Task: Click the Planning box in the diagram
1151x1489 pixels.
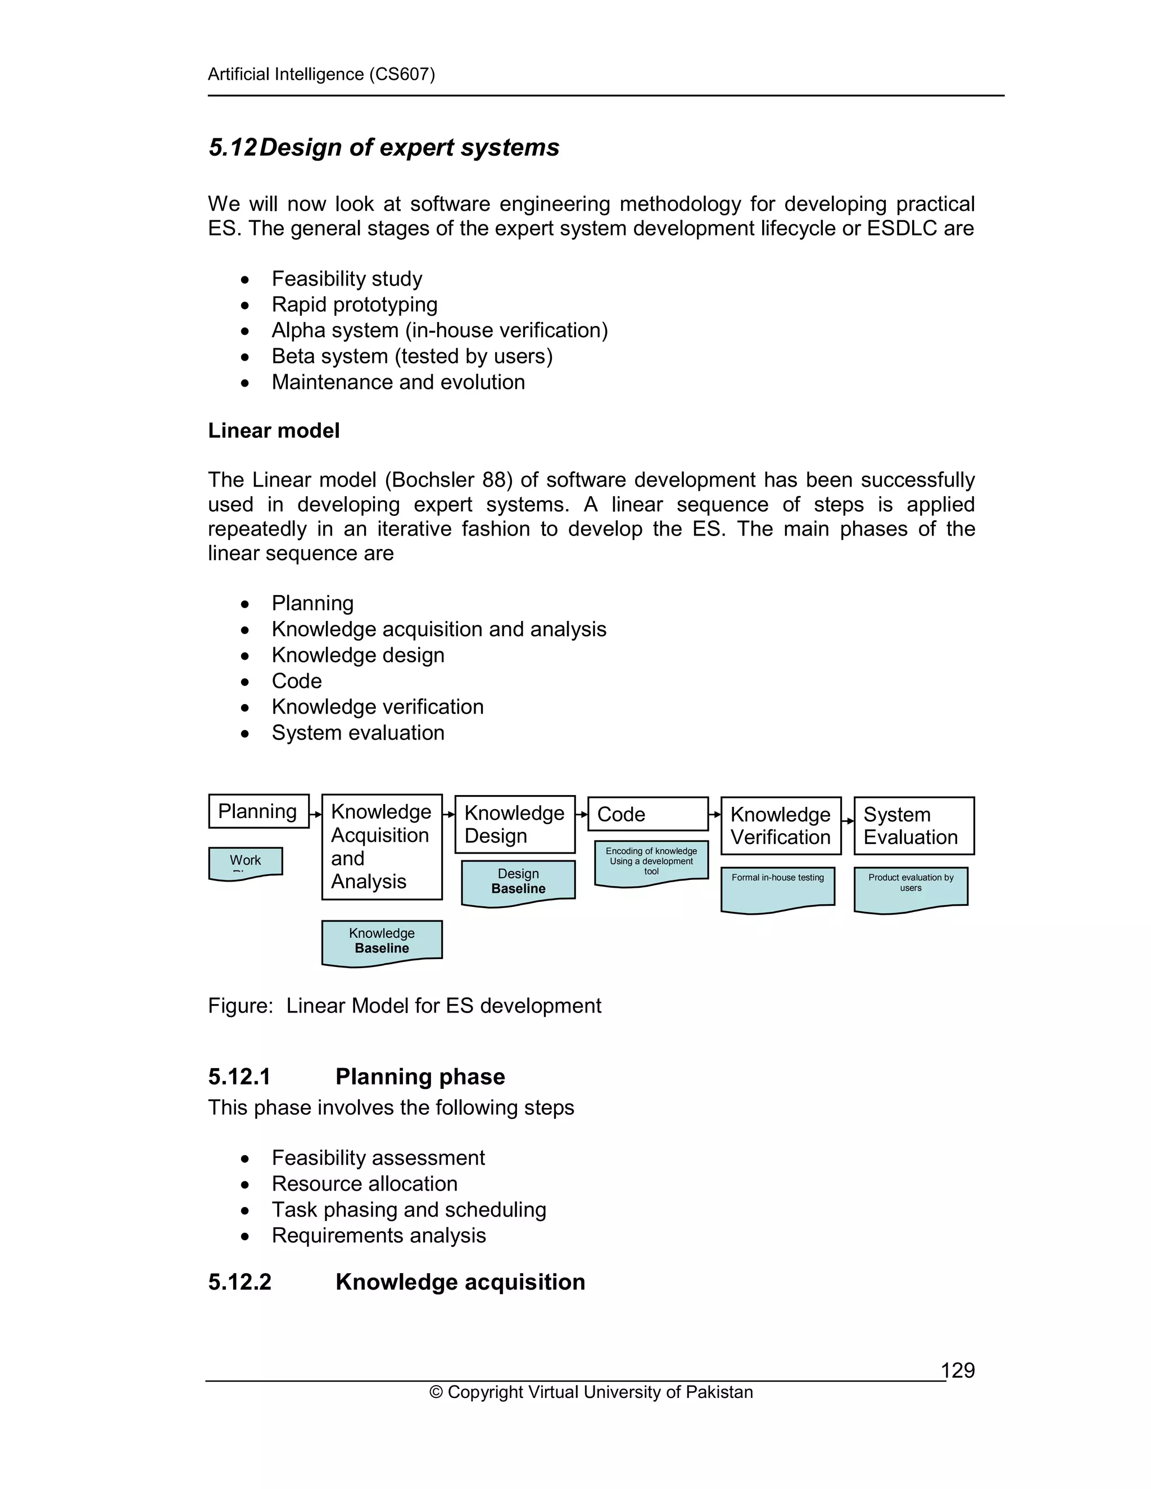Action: click(x=259, y=811)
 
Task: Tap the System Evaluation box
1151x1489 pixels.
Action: click(x=914, y=825)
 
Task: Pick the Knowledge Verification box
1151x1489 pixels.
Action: click(x=781, y=825)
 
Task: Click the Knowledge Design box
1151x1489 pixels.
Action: click(x=515, y=824)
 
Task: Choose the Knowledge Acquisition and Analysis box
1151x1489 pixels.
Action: click(x=382, y=847)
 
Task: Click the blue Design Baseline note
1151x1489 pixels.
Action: click(x=518, y=882)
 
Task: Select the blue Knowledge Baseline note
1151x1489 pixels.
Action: click(x=382, y=942)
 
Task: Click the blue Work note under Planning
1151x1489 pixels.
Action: click(x=246, y=862)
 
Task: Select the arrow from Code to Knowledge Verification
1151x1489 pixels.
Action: click(x=715, y=815)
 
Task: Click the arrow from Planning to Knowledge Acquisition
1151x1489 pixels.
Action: click(x=316, y=814)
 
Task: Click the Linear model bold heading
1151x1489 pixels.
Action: click(x=274, y=431)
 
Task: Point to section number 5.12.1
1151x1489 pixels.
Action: click(x=239, y=1077)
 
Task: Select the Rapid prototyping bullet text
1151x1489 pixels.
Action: click(x=355, y=304)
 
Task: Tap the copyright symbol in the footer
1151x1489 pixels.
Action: click(x=436, y=1392)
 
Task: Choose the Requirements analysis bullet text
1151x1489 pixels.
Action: click(x=378, y=1236)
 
